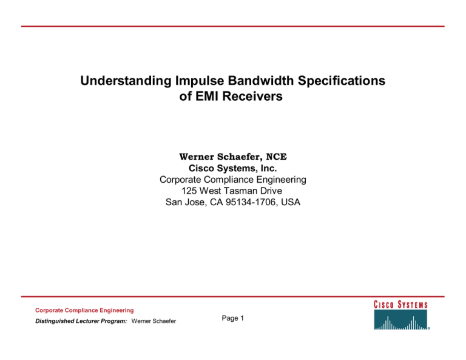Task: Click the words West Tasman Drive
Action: [x=242, y=191]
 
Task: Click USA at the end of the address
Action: [x=289, y=203]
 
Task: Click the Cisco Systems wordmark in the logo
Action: [x=401, y=305]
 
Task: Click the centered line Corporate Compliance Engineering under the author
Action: [x=232, y=180]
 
